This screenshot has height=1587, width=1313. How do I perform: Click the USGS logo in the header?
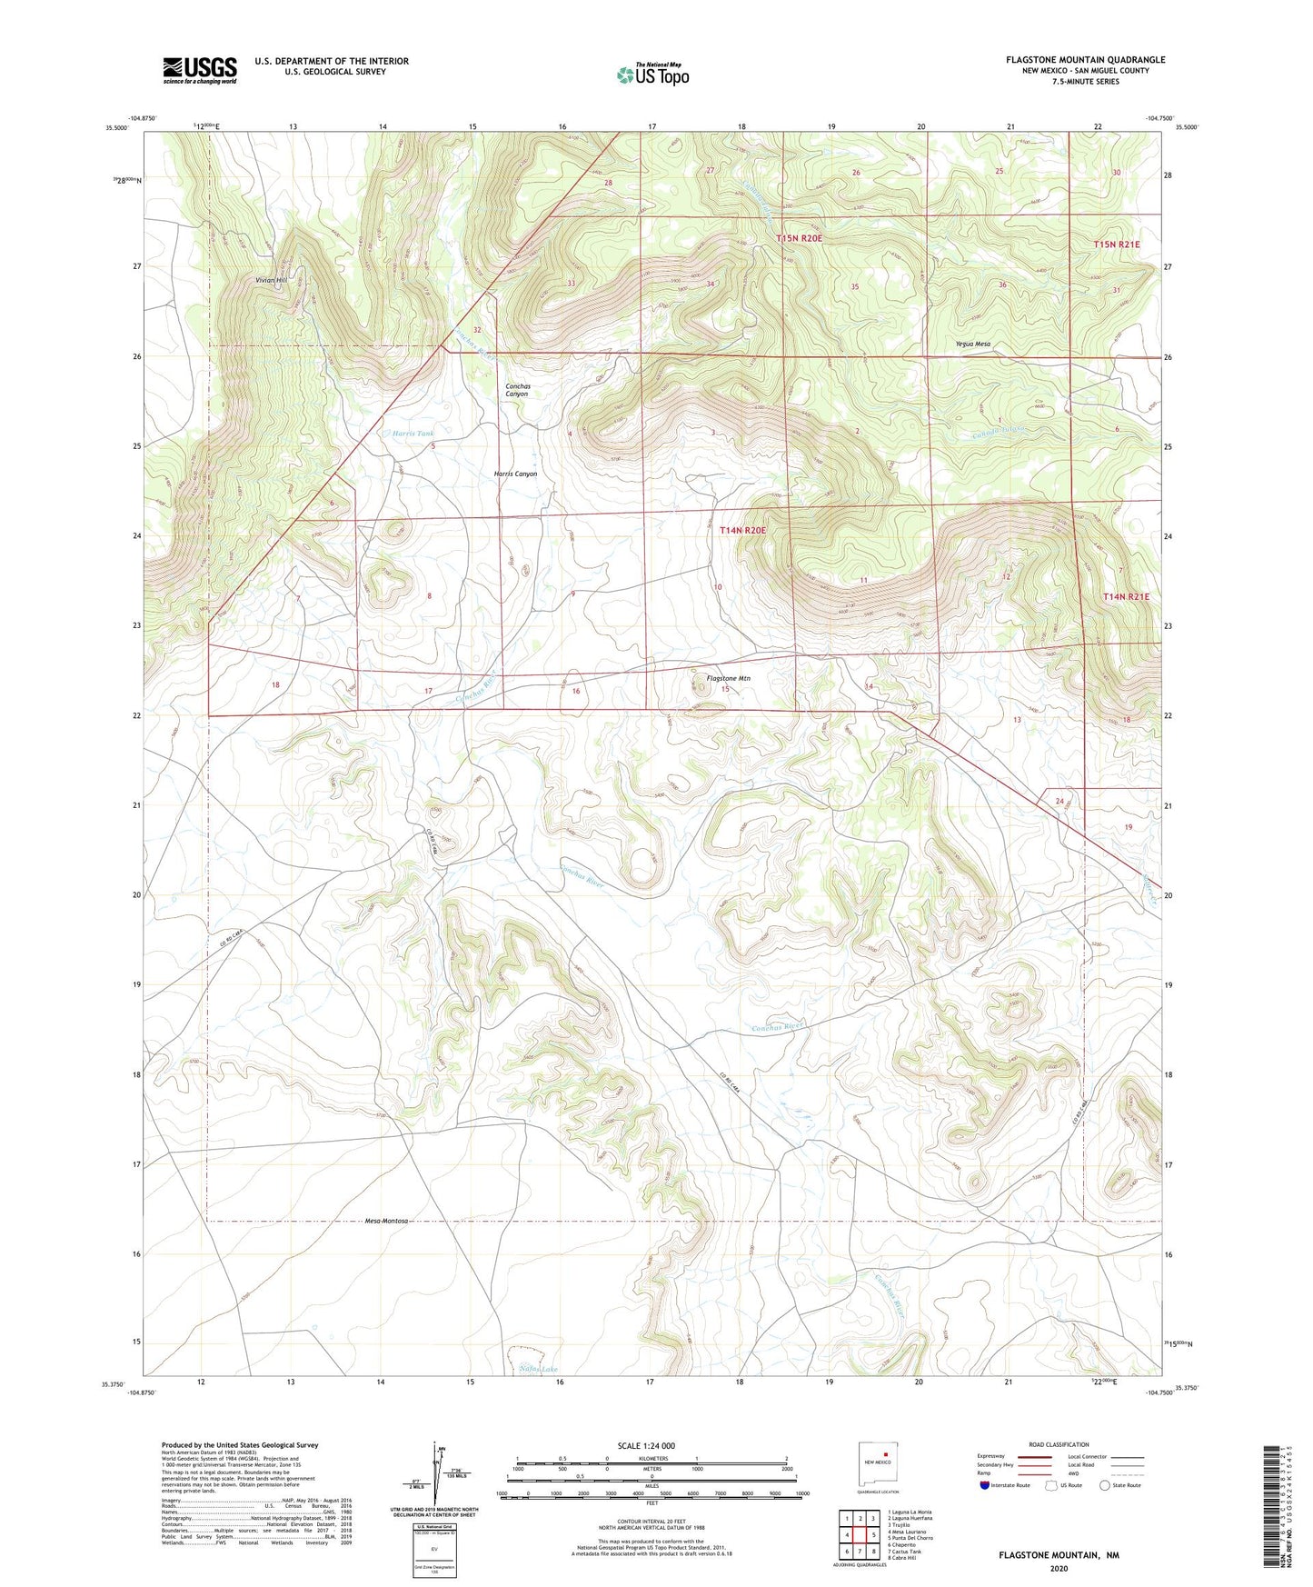click(x=200, y=70)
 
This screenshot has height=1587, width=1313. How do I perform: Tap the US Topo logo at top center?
click(x=652, y=75)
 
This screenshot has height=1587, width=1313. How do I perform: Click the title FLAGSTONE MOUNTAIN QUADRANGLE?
click(x=1085, y=60)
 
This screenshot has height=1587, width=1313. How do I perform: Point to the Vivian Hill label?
click(x=270, y=280)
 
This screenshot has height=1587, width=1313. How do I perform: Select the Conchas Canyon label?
click(x=518, y=390)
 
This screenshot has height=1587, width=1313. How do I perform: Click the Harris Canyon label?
click(x=515, y=474)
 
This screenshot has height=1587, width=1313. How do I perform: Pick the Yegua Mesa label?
click(x=972, y=344)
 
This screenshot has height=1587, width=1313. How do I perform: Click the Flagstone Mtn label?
click(x=729, y=678)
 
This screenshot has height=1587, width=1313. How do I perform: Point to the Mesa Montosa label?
click(x=387, y=1221)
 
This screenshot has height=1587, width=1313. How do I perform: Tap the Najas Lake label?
click(x=538, y=1369)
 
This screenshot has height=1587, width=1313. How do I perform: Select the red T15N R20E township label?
click(x=799, y=238)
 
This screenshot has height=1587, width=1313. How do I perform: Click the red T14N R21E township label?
click(x=1126, y=597)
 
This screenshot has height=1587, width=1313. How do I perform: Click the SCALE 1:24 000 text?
click(x=646, y=1445)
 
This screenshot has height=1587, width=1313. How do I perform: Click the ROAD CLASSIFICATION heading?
click(x=1059, y=1444)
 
